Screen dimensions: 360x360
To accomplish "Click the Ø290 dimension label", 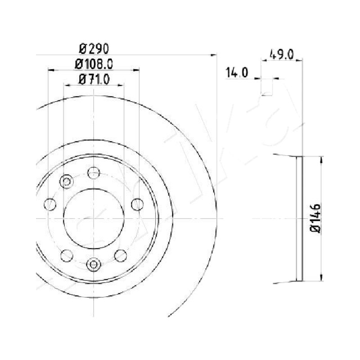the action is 94,49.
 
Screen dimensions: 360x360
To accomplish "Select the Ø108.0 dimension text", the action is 94,64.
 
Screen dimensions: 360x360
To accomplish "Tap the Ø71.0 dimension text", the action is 94,80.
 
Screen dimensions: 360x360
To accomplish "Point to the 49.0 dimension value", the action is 282,54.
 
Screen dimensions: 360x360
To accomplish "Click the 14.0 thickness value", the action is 237,72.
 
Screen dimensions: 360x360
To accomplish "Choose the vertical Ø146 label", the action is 315,218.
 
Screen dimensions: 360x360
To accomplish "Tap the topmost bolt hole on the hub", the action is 94,173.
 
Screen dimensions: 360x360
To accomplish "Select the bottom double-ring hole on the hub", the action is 94,265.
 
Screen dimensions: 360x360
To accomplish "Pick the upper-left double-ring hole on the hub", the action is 66,181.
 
